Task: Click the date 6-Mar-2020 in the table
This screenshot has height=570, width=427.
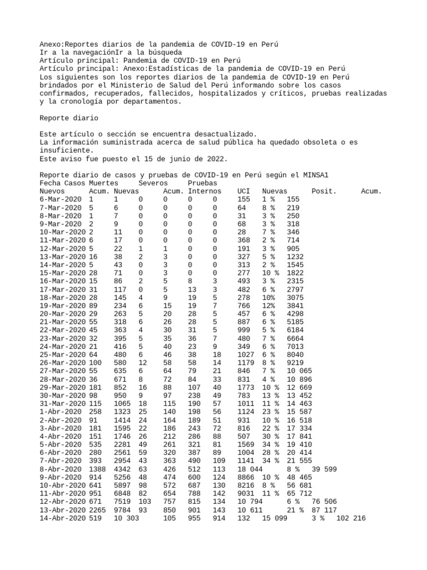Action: pyautogui.click(x=60, y=199)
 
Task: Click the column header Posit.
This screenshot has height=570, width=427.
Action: pyautogui.click(x=324, y=191)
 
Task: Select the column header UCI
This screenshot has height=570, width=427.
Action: pyautogui.click(x=244, y=191)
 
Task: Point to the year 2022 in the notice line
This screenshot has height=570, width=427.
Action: pyautogui.click(x=216, y=159)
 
